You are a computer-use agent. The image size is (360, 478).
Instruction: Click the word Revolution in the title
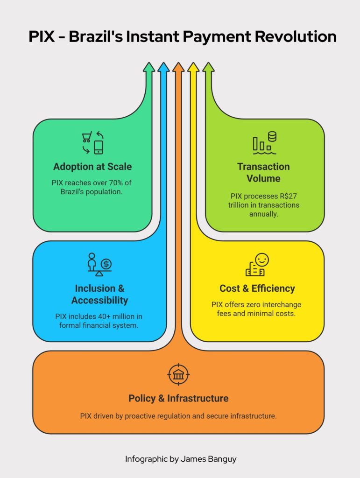[296, 36]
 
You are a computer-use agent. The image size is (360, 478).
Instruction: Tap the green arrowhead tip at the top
[149, 63]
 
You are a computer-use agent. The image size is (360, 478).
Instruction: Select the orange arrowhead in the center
[179, 67]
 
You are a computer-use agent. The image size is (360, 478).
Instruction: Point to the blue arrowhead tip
[164, 63]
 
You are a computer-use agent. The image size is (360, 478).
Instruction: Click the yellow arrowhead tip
[193, 63]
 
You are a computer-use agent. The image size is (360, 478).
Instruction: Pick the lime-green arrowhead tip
[209, 63]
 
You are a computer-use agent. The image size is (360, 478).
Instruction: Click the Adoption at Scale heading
[92, 167]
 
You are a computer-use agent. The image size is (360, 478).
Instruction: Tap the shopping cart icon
[87, 137]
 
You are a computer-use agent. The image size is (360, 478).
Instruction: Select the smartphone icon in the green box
[99, 148]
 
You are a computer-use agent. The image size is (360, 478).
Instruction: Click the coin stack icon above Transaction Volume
[272, 136]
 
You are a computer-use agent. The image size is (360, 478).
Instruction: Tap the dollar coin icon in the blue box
[106, 264]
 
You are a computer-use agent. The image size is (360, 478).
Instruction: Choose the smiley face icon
[262, 260]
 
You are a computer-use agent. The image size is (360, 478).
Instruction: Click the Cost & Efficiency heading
[257, 288]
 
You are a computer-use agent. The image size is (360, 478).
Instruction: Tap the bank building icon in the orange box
[178, 374]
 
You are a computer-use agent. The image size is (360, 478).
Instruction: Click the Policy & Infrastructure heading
[178, 398]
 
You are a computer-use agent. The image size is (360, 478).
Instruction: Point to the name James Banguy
[209, 459]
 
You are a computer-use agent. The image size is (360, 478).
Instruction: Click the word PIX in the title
[42, 36]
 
